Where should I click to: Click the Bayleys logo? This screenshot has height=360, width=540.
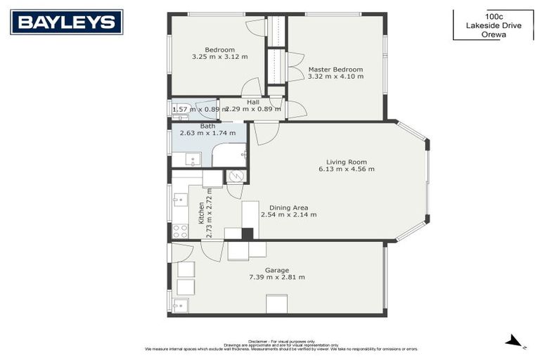[66, 22]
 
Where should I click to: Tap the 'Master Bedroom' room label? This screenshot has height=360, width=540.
[335, 69]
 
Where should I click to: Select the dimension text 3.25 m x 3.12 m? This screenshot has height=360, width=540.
[219, 57]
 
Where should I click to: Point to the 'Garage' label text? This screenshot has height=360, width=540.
[276, 270]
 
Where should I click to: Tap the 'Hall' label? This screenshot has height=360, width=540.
[252, 102]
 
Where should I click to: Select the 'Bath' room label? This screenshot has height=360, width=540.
[207, 126]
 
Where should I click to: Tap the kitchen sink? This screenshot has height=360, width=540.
[180, 200]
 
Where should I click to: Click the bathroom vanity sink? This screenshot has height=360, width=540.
[193, 160]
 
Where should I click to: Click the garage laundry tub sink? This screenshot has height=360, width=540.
[180, 305]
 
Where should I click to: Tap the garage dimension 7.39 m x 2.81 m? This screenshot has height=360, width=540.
[276, 277]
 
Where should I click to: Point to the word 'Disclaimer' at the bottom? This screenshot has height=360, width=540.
[261, 341]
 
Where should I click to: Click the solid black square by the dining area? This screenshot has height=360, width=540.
[247, 233]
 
